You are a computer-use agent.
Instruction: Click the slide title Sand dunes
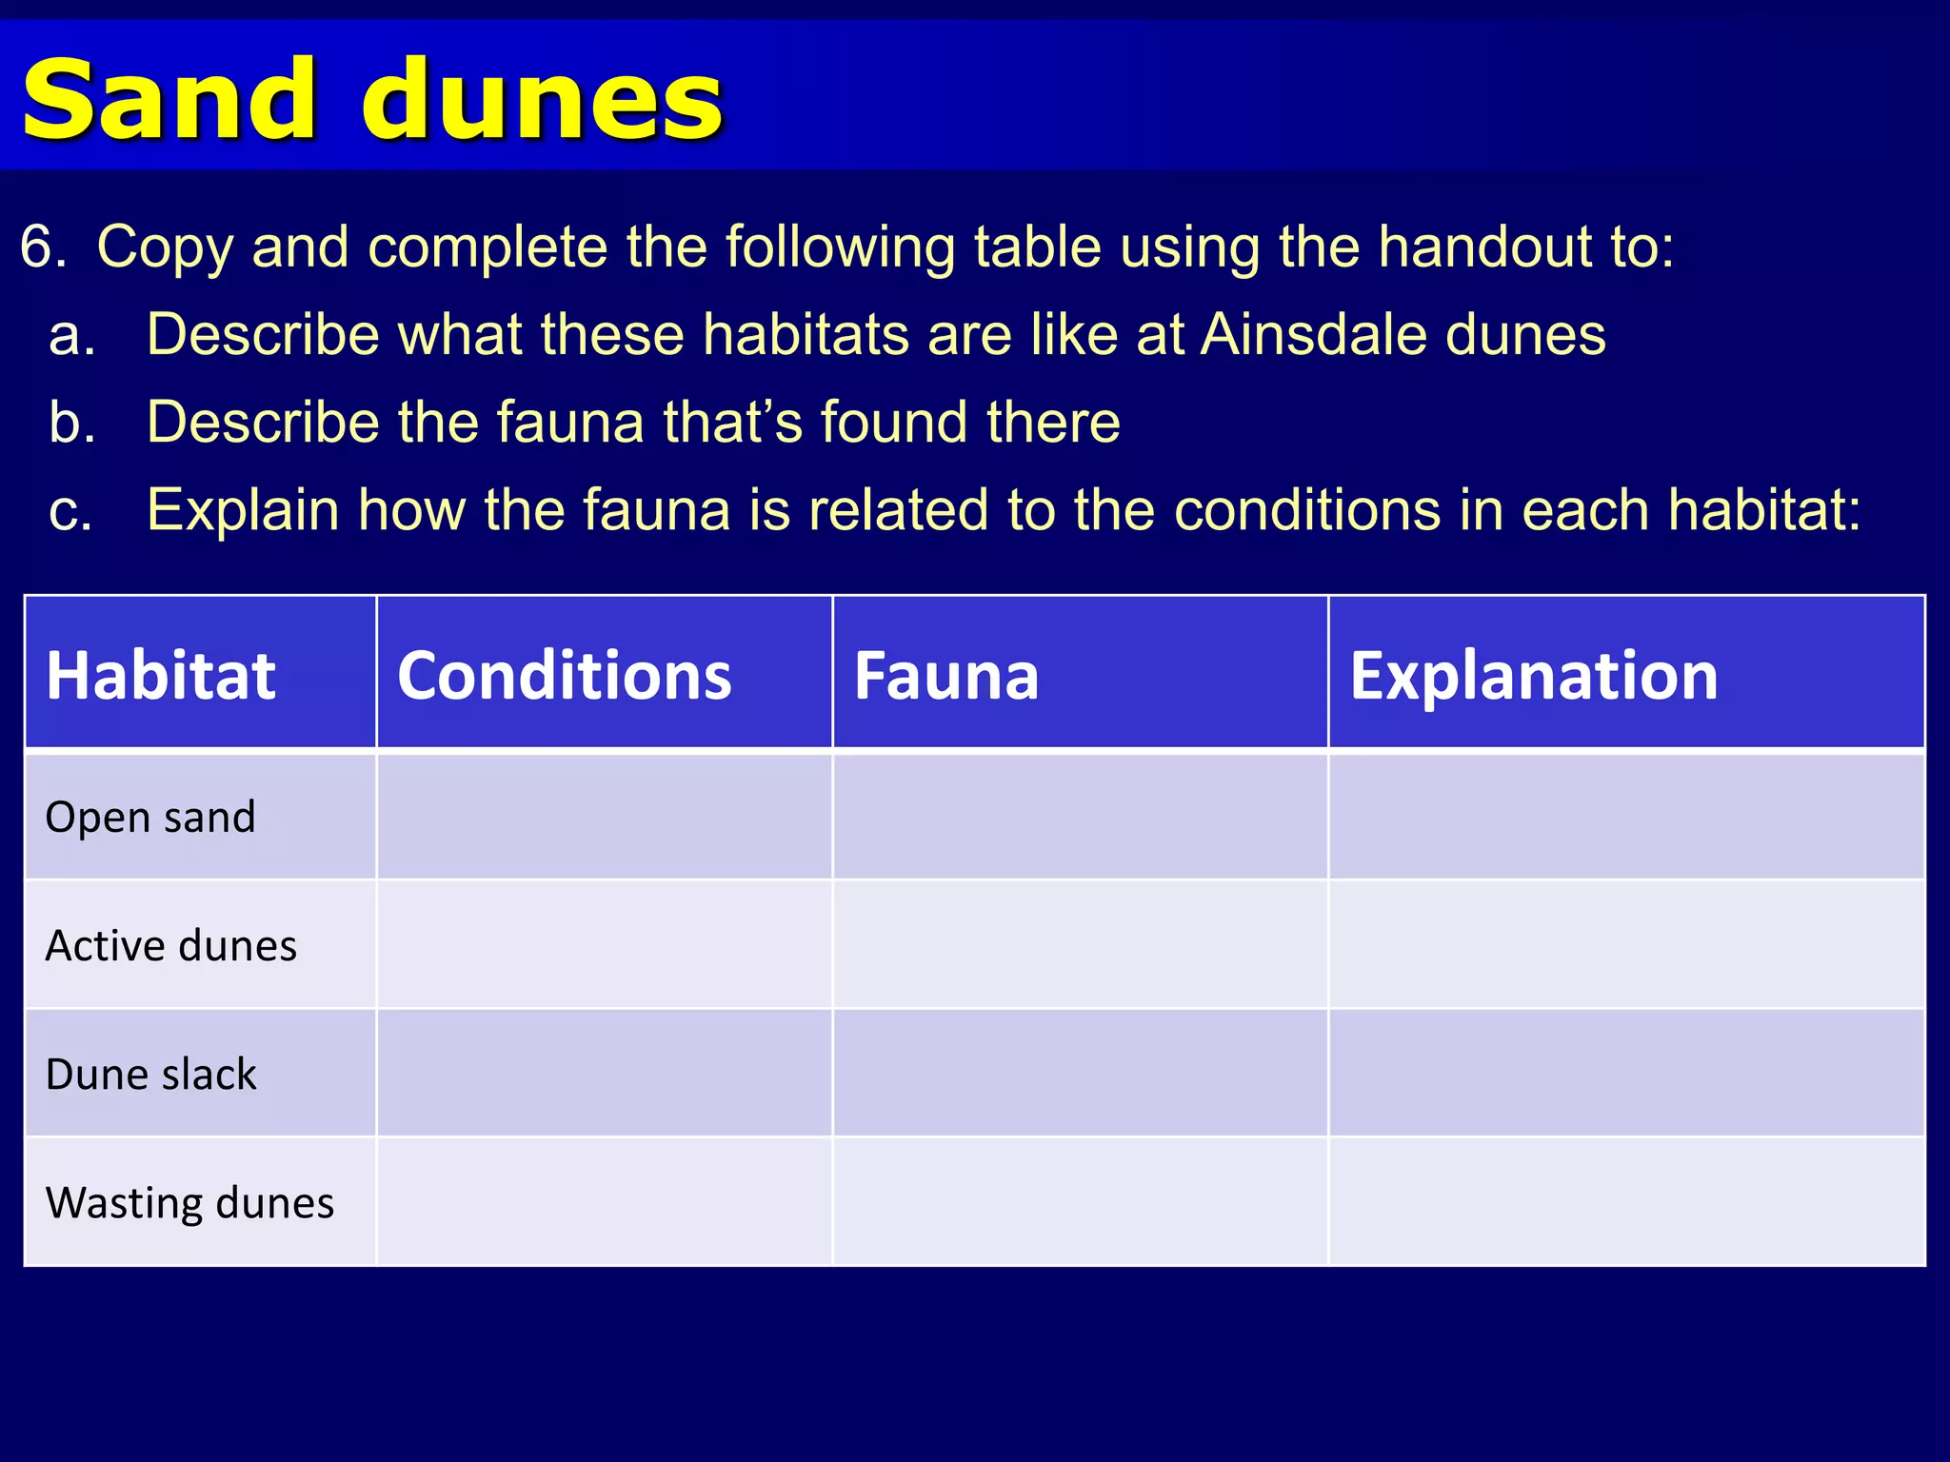coord(371,99)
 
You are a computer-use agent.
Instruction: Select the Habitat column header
coord(161,676)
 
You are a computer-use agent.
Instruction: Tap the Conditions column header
coord(564,676)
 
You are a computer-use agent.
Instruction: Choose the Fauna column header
coord(945,676)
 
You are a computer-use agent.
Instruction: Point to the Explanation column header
coord(1533,676)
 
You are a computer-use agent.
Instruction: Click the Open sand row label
coord(150,817)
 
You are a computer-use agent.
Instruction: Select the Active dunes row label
coord(171,945)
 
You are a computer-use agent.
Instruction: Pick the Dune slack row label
coord(150,1074)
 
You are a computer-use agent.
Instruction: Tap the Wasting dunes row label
coord(189,1202)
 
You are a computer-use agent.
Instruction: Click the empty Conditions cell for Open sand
coord(605,817)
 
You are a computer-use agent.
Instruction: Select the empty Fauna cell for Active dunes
coord(1080,945)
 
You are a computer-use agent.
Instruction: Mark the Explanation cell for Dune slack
coord(1626,1074)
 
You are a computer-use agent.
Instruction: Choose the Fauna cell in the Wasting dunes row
coord(1080,1202)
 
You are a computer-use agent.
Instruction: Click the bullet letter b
coord(72,423)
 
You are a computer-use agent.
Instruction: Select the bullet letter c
coord(70,511)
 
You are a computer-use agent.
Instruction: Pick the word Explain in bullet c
coord(243,511)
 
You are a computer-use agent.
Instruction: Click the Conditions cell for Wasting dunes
coord(605,1202)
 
